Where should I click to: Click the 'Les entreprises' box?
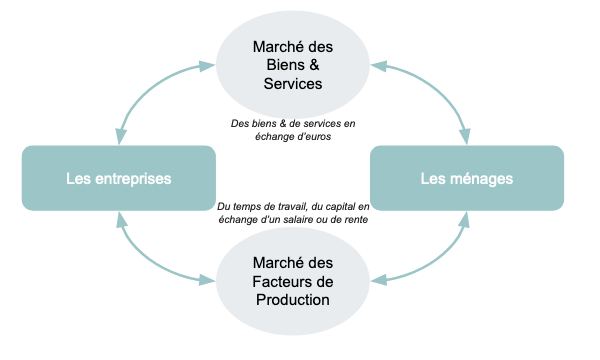pos(118,179)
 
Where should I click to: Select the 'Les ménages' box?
pos(468,179)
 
